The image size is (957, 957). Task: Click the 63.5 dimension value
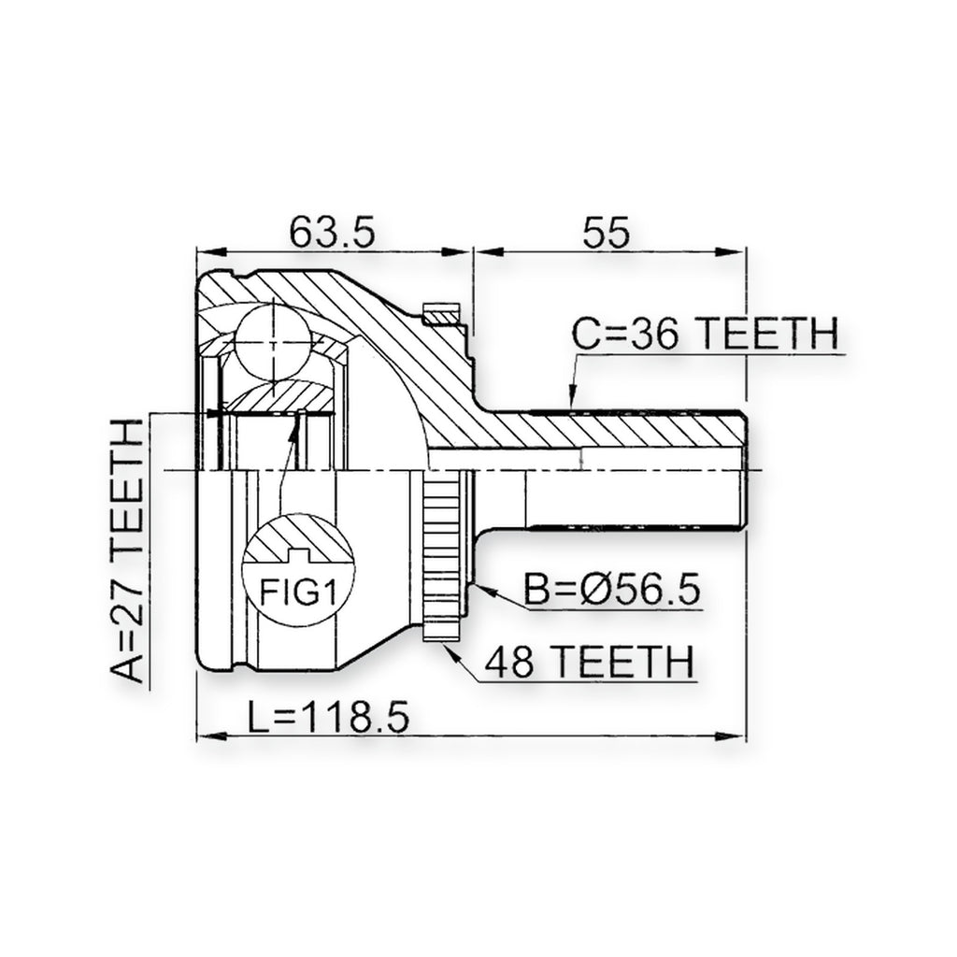[332, 232]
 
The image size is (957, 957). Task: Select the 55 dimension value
[606, 232]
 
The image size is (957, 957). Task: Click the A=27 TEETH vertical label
[127, 550]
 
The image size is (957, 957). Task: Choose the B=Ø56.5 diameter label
[612, 590]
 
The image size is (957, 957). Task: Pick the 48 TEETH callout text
[590, 662]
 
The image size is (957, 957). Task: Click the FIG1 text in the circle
[298, 592]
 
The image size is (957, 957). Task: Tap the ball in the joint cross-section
[273, 342]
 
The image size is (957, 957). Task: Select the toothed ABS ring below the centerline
[441, 555]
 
